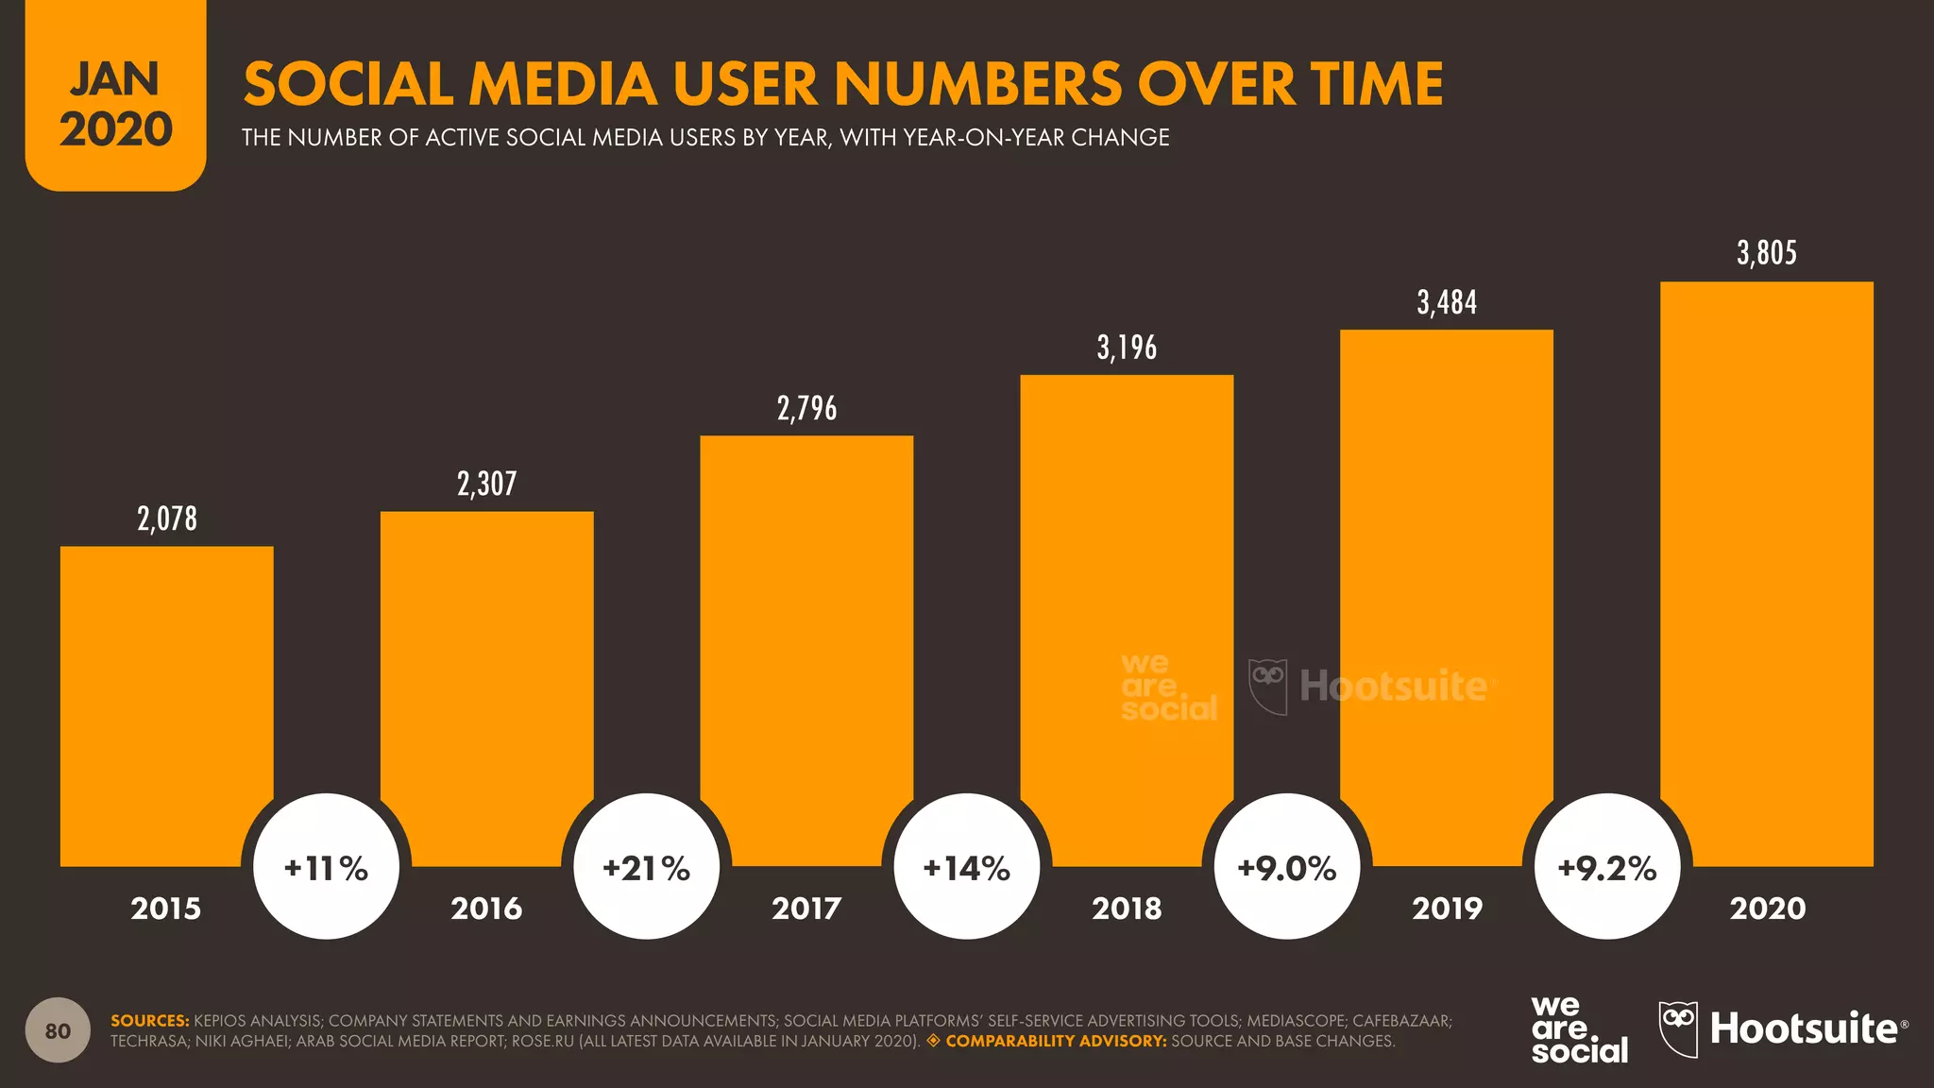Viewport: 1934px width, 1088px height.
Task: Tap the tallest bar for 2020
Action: tap(1766, 567)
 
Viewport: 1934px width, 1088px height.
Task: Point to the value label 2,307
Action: tap(486, 484)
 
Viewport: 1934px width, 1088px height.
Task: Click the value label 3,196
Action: tap(1127, 348)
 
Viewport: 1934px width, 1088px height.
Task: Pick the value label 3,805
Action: tap(1766, 253)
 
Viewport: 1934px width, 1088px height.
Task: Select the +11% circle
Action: tap(326, 867)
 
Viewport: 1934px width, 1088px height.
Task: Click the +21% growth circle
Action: tap(647, 867)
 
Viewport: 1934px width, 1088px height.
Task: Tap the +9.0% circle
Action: tap(1287, 867)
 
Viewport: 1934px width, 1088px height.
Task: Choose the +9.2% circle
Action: tap(1607, 867)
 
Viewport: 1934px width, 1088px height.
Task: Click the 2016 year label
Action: tap(486, 909)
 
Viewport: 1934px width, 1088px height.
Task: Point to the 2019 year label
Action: tap(1447, 909)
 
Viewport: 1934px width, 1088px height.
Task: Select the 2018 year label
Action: tap(1127, 909)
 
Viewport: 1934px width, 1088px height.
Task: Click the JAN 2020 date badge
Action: tap(115, 104)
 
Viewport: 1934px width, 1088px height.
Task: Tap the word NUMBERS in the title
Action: tap(978, 84)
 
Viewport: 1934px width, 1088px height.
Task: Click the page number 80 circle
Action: tap(58, 1030)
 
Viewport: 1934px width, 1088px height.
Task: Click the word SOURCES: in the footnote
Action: tap(150, 1021)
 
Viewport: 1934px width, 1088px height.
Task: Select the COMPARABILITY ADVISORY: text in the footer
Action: tap(1056, 1041)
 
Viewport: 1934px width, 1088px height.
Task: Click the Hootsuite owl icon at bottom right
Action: tap(1678, 1028)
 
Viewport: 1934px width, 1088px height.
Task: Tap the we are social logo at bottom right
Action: tap(1578, 1030)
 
